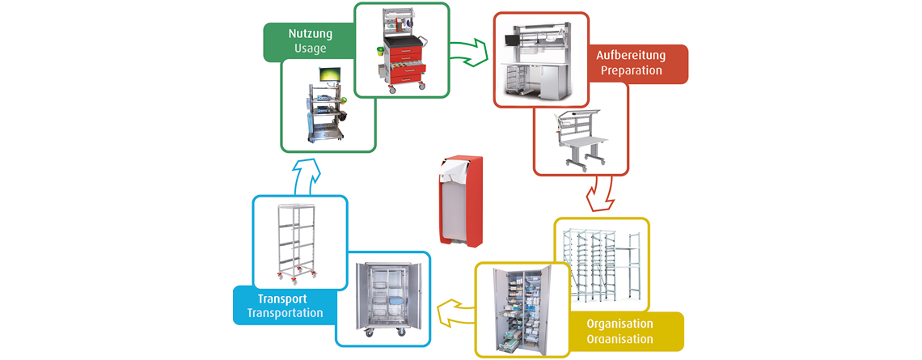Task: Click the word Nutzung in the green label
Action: coord(310,34)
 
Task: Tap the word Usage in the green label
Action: coord(310,49)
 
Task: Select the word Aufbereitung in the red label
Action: coord(631,56)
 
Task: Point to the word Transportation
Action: coord(285,313)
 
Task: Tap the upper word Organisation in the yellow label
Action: coord(620,324)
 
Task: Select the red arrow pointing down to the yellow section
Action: coord(600,195)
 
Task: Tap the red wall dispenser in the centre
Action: coord(460,201)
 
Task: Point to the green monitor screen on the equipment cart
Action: coord(330,74)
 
